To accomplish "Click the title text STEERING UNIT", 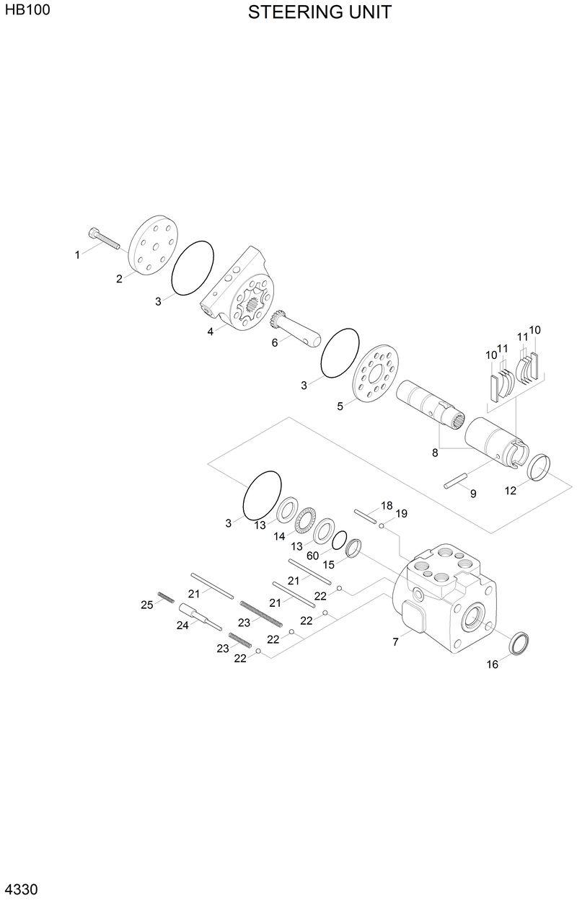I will [320, 13].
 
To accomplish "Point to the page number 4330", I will [20, 889].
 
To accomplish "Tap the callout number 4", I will [211, 332].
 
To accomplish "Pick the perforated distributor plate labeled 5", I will [376, 373].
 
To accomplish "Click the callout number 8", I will [435, 453].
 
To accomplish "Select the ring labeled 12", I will [540, 468].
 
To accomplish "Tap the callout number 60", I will [312, 556].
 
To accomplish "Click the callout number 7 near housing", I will [395, 641].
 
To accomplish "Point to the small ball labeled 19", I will [382, 527].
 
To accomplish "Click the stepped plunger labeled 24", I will [200, 617].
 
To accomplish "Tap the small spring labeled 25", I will [166, 597].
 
